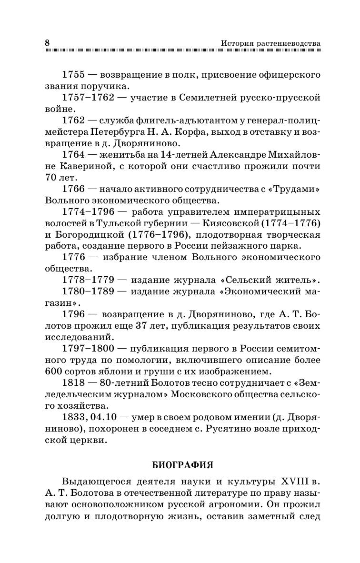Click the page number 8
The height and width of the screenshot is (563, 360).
pyautogui.click(x=47, y=43)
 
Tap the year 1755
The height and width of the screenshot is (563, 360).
pyautogui.click(x=73, y=75)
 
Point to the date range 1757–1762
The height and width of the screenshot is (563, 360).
pyautogui.click(x=88, y=98)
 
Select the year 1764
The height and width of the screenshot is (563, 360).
pyautogui.click(x=73, y=155)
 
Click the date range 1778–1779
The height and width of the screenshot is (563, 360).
pyautogui.click(x=88, y=280)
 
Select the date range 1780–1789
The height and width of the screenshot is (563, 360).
pyautogui.click(x=88, y=291)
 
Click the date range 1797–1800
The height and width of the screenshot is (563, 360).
pyautogui.click(x=88, y=348)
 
